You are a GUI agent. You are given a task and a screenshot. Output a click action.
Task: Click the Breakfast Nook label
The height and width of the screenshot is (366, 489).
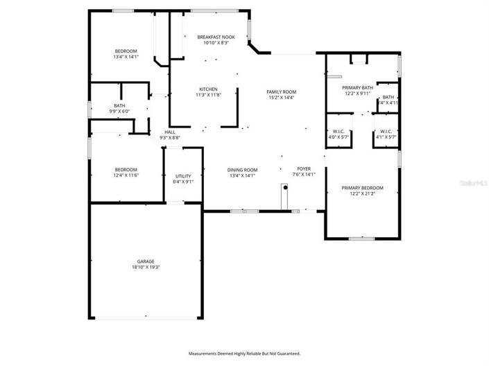click(216, 37)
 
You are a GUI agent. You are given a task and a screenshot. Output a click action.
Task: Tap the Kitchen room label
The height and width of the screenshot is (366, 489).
click(209, 89)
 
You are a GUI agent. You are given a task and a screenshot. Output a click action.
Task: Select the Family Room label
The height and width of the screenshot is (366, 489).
click(282, 91)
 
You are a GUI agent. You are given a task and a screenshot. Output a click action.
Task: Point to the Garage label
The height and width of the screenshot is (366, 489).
click(146, 261)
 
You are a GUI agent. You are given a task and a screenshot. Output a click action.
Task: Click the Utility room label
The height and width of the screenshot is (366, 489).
click(183, 176)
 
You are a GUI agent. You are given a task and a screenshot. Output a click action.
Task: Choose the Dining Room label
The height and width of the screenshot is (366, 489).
click(242, 170)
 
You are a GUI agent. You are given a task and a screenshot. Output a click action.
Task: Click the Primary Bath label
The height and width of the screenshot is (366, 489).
click(358, 87)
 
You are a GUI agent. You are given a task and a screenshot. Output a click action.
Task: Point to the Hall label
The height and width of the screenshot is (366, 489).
click(169, 132)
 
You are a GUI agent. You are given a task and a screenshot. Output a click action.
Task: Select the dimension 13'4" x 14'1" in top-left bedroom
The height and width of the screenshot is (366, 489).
click(126, 57)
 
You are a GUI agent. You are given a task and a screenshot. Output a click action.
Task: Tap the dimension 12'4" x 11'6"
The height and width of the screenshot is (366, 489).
click(126, 175)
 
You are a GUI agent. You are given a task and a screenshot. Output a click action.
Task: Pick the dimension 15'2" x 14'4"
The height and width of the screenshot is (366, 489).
click(282, 98)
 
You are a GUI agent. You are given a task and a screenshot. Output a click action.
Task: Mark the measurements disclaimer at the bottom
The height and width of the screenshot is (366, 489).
click(244, 354)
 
